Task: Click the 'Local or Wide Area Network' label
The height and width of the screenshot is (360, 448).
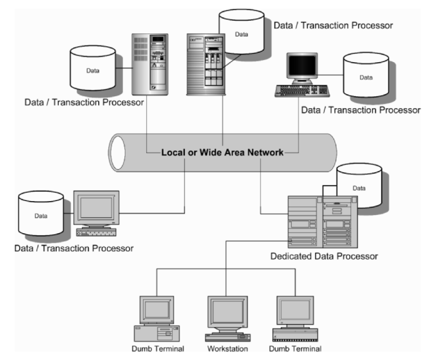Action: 223,152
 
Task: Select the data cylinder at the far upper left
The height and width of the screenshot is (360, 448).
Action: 97,70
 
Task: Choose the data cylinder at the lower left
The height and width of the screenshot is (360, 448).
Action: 41,215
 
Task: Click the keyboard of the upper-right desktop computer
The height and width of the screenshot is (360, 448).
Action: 308,89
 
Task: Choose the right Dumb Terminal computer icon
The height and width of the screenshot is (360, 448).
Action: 294,317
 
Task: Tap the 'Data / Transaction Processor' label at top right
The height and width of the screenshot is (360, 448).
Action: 332,25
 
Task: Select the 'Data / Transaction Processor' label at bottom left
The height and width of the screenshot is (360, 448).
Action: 73,248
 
